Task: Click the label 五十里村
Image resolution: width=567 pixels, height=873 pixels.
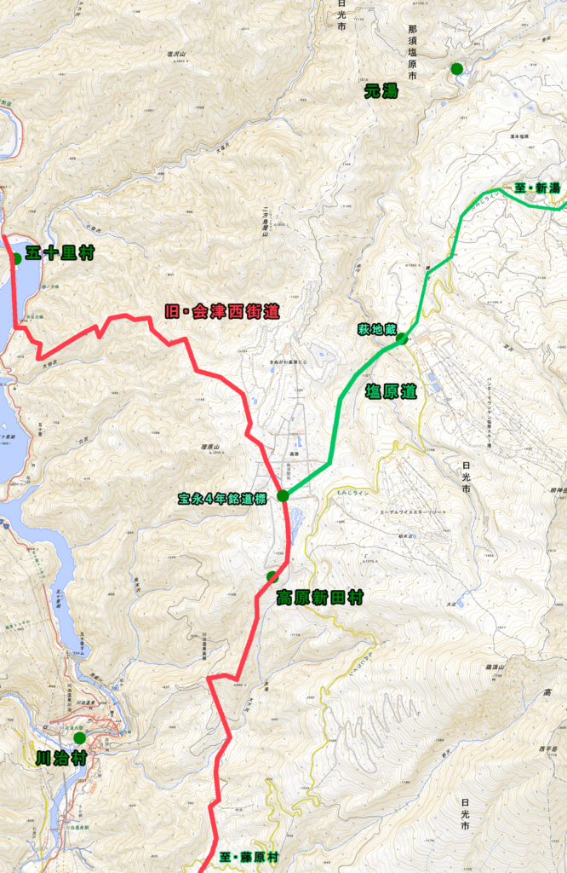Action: click(x=60, y=253)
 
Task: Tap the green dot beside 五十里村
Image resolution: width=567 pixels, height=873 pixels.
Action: click(x=15, y=258)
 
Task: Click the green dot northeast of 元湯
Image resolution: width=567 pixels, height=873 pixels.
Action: click(x=457, y=68)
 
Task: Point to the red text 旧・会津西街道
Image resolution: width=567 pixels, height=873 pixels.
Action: click(x=221, y=311)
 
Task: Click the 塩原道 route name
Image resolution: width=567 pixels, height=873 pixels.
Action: click(x=391, y=391)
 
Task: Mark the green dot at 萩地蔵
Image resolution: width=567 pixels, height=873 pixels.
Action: click(x=401, y=338)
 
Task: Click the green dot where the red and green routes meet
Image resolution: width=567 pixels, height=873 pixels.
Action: click(x=283, y=495)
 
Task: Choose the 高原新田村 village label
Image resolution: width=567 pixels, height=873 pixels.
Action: click(x=320, y=598)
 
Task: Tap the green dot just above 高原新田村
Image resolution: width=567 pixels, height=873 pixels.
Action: click(x=272, y=576)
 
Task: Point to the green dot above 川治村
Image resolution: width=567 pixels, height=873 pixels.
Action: click(x=79, y=737)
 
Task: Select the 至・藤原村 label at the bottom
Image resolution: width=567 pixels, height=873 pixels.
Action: click(x=249, y=857)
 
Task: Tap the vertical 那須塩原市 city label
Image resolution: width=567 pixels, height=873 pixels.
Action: click(x=412, y=52)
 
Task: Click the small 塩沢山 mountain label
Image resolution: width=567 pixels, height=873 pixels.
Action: click(x=177, y=54)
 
